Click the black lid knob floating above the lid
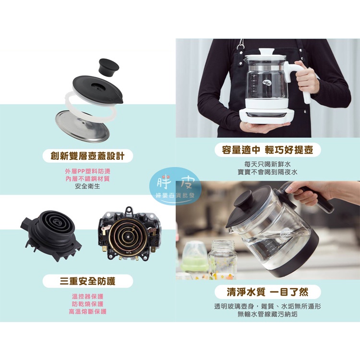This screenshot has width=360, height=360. (x=109, y=65)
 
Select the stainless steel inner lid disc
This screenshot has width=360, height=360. (x=82, y=126)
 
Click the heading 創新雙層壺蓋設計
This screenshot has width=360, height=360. (x=87, y=156)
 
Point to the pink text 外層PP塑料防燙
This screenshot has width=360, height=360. (x=88, y=171)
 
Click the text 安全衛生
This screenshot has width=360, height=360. (x=87, y=186)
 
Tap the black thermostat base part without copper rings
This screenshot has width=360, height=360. (x=51, y=235)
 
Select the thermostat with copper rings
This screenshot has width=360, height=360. (x=130, y=234)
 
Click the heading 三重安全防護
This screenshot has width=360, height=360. (x=87, y=281)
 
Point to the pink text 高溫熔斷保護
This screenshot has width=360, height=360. (x=88, y=312)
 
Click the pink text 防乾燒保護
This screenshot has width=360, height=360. (x=88, y=304)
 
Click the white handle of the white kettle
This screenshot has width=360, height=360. (x=299, y=78)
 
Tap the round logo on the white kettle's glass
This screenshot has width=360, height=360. (x=267, y=83)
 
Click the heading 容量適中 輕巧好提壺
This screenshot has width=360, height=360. (x=267, y=150)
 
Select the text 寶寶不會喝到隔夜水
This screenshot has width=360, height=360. (x=267, y=172)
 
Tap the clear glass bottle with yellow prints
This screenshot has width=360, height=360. (x=222, y=259)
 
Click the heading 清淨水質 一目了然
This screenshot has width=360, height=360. (x=267, y=292)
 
